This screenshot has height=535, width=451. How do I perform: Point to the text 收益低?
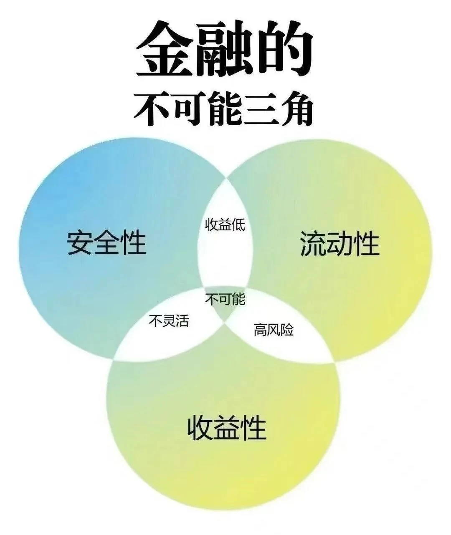(x=225, y=225)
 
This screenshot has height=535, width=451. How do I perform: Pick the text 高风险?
(x=274, y=330)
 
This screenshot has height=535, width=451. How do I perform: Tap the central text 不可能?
(x=225, y=299)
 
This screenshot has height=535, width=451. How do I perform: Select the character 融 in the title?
(x=226, y=50)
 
